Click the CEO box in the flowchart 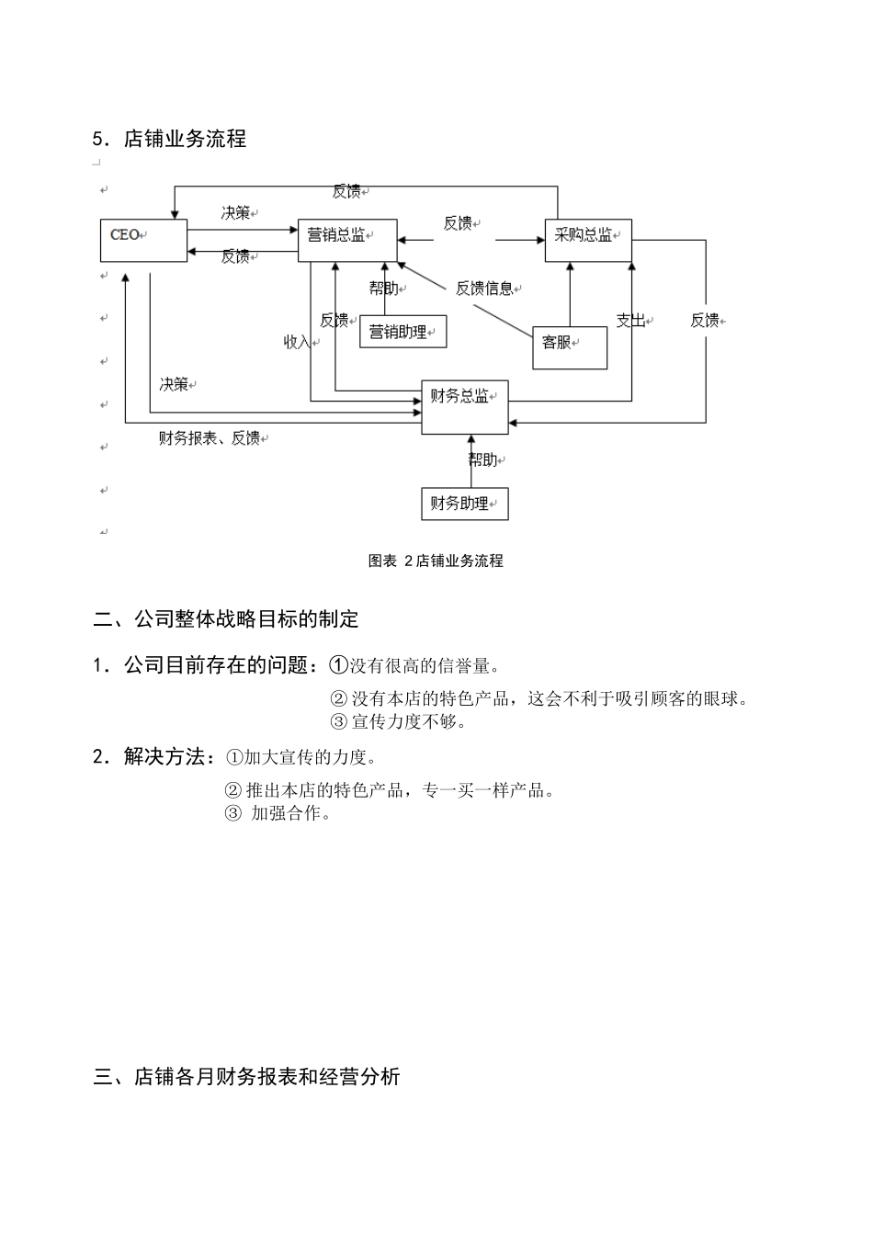pos(142,240)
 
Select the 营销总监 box pos(347,240)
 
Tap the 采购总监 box pos(587,240)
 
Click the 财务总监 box pos(464,406)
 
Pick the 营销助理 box pos(402,332)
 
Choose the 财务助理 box pos(464,504)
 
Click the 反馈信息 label pos(484,289)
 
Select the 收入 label pos(297,342)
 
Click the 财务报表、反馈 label pos(210,438)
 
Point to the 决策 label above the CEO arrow pos(235,213)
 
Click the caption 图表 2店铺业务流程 pos(436,561)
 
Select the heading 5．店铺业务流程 pos(170,140)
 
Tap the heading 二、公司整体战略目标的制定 pos(226,619)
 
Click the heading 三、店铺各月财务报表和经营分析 pos(246,1077)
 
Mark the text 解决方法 pos(164,757)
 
